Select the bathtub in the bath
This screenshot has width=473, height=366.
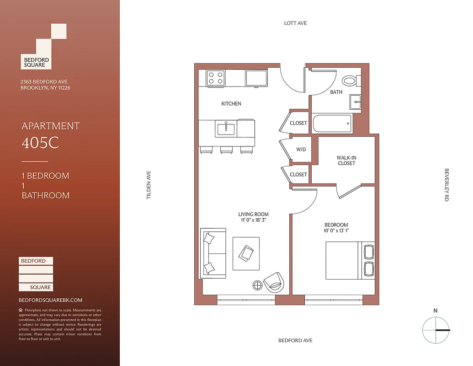[332, 124]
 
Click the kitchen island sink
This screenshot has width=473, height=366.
[226, 129]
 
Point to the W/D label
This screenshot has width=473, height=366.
[301, 149]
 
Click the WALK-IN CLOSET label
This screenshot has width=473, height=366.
[346, 161]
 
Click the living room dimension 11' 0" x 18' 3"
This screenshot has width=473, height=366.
[253, 220]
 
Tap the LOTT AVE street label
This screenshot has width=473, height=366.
[295, 23]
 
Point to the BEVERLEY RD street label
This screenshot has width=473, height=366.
[446, 185]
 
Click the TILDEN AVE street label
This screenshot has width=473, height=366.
[148, 185]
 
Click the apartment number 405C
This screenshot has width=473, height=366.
[41, 143]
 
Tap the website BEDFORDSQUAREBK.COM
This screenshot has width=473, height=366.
[50, 300]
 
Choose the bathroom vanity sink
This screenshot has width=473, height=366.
[356, 102]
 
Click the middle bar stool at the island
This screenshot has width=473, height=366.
[226, 150]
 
